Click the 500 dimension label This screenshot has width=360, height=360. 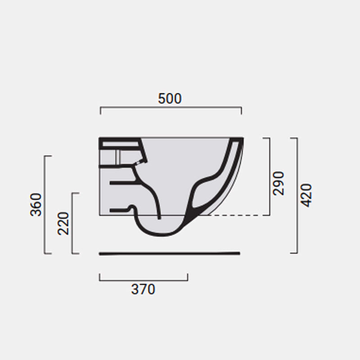[170, 99]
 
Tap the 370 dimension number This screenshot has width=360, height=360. [143, 289]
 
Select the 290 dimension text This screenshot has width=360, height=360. [278, 183]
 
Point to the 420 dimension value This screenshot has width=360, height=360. [306, 195]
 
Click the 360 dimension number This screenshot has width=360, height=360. [36, 205]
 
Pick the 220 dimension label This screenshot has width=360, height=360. [63, 223]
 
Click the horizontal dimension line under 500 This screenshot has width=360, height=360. [171, 107]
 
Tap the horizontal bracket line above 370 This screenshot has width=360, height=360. [144, 280]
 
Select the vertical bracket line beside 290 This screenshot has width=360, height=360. [270, 176]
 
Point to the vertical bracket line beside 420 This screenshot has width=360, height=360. [297, 195]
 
